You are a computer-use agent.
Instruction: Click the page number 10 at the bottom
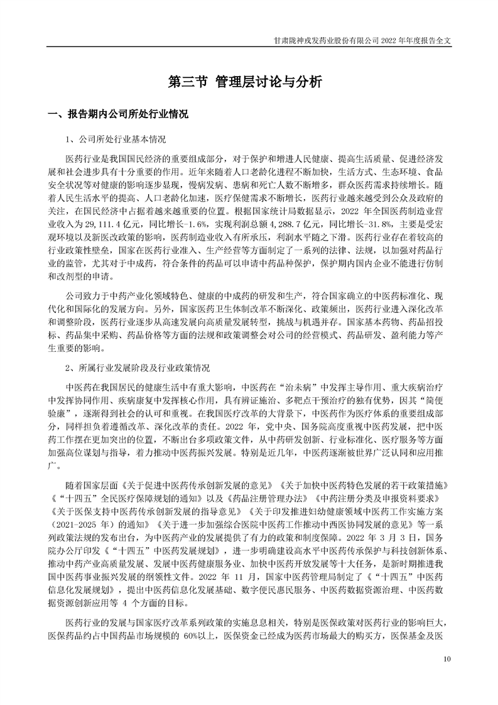(447, 659)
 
